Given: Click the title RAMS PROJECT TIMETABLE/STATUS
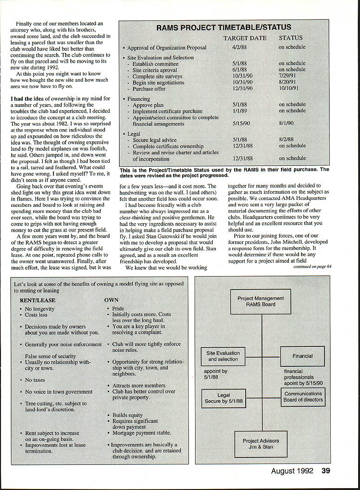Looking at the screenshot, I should (x=223, y=28).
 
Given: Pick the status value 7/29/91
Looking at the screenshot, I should (x=288, y=76).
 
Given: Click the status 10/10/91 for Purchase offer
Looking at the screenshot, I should (x=288, y=88).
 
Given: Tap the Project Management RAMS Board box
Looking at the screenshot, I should (x=261, y=302).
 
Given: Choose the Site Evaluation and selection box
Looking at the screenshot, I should (x=223, y=356).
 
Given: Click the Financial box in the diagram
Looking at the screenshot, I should (x=302, y=356).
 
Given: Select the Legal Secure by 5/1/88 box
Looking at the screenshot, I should (x=224, y=398).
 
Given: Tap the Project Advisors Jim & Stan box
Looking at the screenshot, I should (x=261, y=444).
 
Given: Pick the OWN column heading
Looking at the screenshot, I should (x=111, y=300).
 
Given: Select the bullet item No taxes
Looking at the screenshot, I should (x=35, y=380).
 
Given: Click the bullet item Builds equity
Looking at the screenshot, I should (x=128, y=415).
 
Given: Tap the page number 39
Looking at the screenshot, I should (x=326, y=471).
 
